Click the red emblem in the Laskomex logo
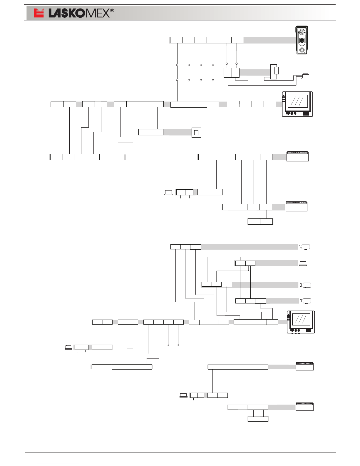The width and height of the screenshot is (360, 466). [38, 13]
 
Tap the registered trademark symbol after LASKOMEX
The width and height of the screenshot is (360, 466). [112, 11]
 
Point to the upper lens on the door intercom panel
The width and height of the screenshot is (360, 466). [302, 32]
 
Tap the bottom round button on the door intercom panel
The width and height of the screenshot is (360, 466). [302, 50]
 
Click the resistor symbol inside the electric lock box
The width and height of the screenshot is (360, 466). [276, 71]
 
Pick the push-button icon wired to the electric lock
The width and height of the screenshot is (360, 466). [306, 76]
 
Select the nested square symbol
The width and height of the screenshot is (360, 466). [196, 133]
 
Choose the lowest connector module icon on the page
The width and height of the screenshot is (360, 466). [304, 407]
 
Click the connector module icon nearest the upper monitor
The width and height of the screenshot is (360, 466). [297, 156]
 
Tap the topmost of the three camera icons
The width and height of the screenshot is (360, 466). [305, 247]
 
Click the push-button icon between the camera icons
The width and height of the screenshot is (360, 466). [303, 263]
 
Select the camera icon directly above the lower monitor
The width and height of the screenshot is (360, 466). [306, 301]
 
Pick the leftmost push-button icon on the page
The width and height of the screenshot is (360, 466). [68, 347]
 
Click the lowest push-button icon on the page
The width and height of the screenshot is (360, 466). [183, 395]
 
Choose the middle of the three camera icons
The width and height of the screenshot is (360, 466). [306, 285]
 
